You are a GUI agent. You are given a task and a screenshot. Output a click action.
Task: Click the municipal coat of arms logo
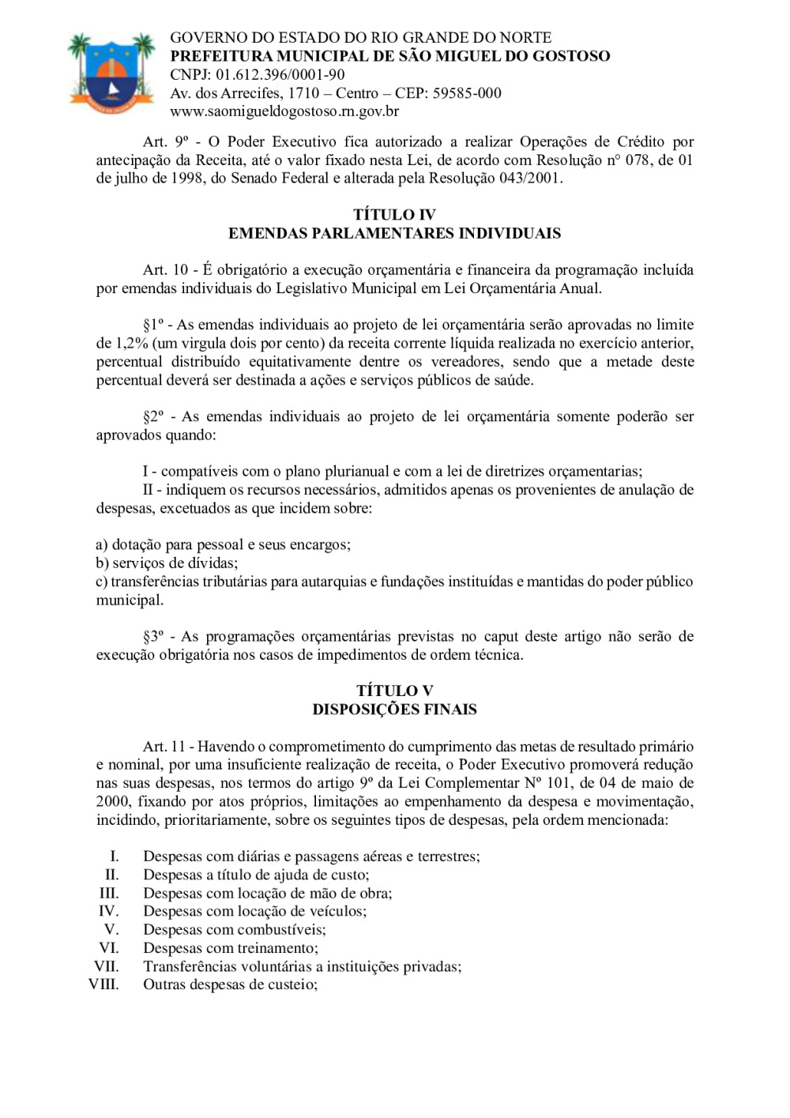111,73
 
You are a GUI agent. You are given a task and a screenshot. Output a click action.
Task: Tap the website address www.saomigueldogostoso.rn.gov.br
284,111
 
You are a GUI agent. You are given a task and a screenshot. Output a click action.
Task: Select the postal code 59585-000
467,93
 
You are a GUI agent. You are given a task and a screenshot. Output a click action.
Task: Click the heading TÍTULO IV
394,215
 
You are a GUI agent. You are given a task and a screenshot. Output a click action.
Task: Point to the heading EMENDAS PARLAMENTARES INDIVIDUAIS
394,233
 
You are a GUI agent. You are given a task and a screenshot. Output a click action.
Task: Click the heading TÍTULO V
394,691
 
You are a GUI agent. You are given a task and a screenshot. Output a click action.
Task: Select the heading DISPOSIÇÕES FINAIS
394,710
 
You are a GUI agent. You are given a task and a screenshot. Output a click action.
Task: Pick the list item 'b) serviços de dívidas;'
167,563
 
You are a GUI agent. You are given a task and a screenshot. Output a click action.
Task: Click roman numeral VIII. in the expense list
103,984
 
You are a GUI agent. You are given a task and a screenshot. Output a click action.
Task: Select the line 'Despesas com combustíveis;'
234,930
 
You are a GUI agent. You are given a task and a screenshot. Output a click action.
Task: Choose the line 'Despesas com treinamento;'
231,948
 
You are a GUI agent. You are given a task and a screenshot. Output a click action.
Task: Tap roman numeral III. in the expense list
109,894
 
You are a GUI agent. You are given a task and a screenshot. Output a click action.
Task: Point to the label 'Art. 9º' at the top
166,142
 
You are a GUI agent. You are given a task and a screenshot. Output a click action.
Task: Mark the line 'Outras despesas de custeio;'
230,984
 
